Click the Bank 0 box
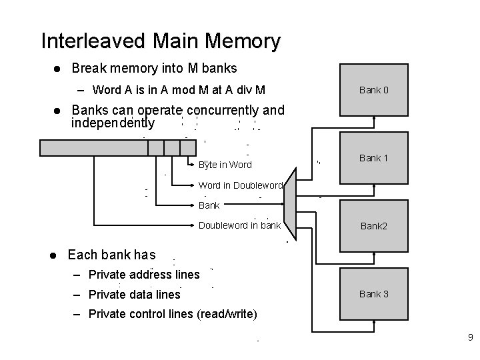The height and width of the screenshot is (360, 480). [x=373, y=89]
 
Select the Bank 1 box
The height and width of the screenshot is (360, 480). [x=373, y=158]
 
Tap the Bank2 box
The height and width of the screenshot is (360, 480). [x=373, y=226]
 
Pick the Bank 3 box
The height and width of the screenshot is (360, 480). [x=373, y=293]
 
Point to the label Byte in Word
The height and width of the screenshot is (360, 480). [x=225, y=165]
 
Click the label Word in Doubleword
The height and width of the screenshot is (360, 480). [x=241, y=185]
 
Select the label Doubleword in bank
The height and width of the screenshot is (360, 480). [x=239, y=225]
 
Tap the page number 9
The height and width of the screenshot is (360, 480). [x=469, y=338]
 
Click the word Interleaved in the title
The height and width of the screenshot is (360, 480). [x=92, y=41]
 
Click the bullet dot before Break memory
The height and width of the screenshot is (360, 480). [x=57, y=69]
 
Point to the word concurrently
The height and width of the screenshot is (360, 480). [x=224, y=110]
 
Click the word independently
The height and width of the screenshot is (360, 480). [x=113, y=123]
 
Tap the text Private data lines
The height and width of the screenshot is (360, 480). [x=134, y=294]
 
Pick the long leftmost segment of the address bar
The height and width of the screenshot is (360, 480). [x=93, y=147]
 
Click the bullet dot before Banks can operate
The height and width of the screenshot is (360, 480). [x=57, y=111]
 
